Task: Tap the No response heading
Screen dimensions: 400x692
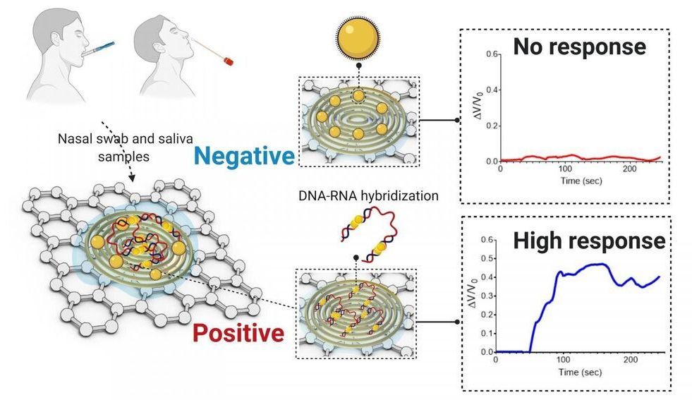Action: pyautogui.click(x=578, y=47)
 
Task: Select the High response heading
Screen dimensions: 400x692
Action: pyautogui.click(x=589, y=241)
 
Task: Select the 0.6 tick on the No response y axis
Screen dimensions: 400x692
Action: pyautogui.click(x=491, y=54)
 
